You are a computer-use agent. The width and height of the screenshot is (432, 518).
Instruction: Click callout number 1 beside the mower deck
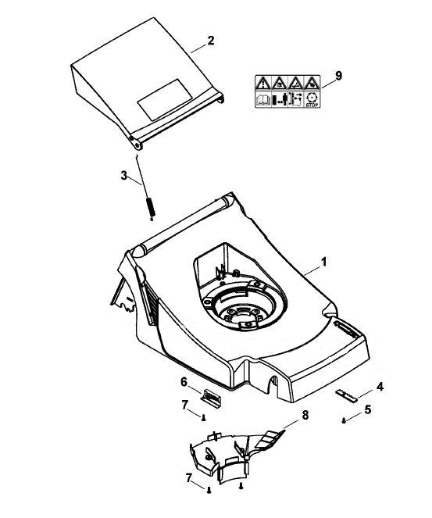click(x=324, y=262)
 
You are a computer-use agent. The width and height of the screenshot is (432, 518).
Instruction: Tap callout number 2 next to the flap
click(x=210, y=41)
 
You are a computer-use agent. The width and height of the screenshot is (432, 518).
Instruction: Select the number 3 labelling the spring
click(x=124, y=176)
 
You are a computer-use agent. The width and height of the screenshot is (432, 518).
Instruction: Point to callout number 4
click(x=380, y=387)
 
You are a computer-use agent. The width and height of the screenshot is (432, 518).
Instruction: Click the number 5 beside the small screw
click(x=368, y=409)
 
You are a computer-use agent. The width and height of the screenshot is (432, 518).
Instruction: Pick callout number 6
click(x=184, y=382)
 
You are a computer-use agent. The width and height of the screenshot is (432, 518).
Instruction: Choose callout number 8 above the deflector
click(x=305, y=415)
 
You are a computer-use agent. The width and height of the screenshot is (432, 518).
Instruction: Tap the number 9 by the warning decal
click(x=338, y=76)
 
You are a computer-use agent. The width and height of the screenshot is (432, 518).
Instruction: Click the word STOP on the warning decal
click(x=312, y=105)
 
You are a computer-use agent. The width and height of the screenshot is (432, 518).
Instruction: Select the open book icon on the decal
click(x=263, y=99)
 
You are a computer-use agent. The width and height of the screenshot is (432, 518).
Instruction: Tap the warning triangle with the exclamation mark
click(x=263, y=83)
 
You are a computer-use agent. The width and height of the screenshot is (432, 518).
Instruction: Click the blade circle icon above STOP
click(x=312, y=98)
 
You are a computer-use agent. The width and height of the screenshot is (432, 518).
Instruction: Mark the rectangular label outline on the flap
click(x=165, y=99)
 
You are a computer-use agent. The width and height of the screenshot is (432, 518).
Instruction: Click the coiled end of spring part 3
click(x=150, y=208)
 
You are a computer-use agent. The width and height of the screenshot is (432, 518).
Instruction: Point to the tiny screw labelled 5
click(x=344, y=421)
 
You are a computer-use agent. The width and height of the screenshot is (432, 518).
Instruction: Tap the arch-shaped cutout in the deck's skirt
click(x=273, y=385)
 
